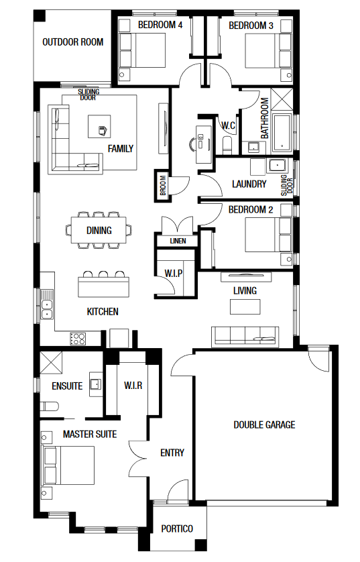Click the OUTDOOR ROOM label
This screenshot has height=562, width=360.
(x=72, y=42)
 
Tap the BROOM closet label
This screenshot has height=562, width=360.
(x=163, y=185)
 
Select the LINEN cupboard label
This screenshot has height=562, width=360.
(x=178, y=241)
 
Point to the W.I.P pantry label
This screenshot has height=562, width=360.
(x=174, y=274)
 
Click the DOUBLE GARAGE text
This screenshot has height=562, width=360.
(x=264, y=425)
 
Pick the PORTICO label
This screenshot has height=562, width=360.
(x=177, y=528)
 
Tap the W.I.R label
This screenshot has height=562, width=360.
(x=133, y=386)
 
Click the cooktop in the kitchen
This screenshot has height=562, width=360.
(x=78, y=339)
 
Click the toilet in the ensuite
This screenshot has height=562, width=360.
(x=49, y=406)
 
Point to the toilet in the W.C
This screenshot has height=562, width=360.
(x=227, y=144)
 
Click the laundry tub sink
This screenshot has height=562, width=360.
(x=277, y=166)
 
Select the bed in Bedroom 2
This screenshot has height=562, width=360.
(x=268, y=235)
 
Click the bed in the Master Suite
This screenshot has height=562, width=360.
(x=68, y=465)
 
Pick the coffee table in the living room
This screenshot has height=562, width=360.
(x=245, y=306)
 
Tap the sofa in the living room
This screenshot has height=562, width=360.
(x=245, y=337)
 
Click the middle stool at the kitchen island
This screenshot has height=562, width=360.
(x=103, y=274)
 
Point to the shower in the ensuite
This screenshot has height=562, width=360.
(x=51, y=362)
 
